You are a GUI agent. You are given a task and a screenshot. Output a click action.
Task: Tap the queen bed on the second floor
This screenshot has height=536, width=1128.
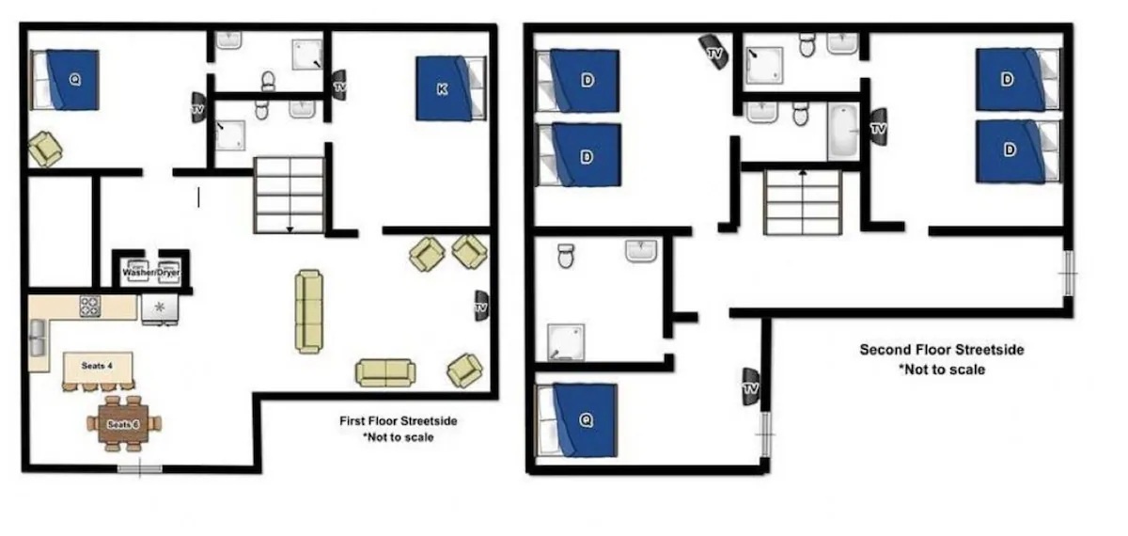pos(577,420)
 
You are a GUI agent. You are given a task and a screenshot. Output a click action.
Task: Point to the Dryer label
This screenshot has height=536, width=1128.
pos(168,273)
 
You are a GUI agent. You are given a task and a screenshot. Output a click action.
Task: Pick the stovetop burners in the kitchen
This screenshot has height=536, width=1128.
pos(90,306)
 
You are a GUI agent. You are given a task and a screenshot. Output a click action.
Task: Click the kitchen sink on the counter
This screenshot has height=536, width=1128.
pos(38,339)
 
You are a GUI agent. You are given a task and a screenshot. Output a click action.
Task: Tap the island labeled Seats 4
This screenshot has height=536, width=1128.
pos(97,366)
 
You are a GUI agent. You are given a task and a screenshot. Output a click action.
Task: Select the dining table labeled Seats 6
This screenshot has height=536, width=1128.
pos(123,424)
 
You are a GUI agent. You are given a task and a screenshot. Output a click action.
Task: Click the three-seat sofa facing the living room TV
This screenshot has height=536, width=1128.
pos(308,311)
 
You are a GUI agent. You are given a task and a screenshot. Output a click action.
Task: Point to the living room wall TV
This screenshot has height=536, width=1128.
pos(481,306)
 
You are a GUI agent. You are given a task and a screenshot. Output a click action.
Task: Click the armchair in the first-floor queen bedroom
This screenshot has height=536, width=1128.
pos(44,149)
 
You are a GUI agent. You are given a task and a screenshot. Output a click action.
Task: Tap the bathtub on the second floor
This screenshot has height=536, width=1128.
pos(842,132)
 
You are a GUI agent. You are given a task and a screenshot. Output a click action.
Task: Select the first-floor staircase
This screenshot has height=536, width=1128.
pos(290,195)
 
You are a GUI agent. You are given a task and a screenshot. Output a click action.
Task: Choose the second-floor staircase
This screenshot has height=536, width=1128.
pos(802,202)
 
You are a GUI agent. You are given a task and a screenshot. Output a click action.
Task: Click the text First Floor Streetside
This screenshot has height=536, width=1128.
pos(398,421)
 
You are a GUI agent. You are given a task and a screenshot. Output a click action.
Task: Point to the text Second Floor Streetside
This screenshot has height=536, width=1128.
pos(941,350)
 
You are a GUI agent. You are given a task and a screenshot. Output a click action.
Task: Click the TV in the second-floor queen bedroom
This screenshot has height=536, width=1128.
pos(750,386)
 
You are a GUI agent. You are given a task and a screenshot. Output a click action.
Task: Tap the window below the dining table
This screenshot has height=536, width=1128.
pos(138,467)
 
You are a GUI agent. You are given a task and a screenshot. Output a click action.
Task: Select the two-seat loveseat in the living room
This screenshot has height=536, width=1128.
pos(384,372)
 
